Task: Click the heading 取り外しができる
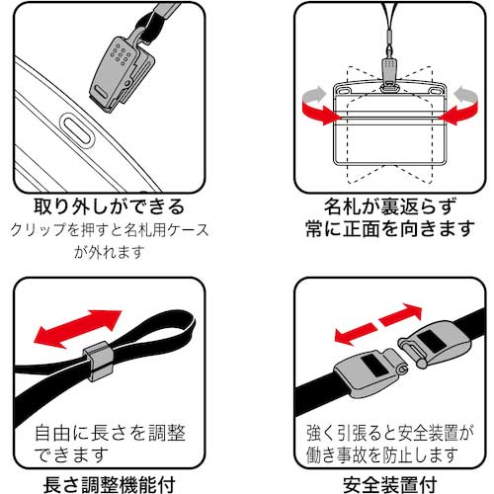tap(96, 208)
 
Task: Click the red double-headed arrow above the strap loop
tap(75, 327)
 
